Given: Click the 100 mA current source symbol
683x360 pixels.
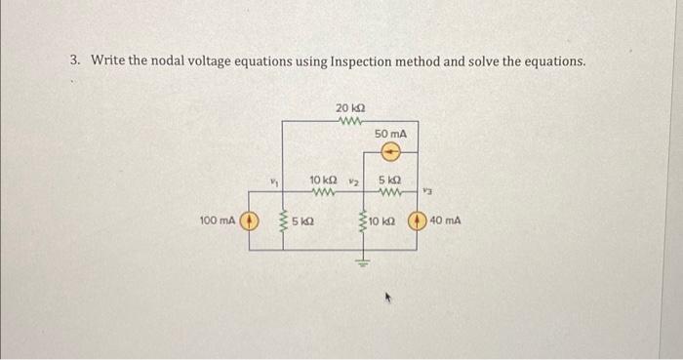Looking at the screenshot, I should tap(250, 220).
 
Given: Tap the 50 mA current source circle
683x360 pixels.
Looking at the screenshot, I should tap(391, 151).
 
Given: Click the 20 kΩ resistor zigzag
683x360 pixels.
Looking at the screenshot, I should tap(349, 121).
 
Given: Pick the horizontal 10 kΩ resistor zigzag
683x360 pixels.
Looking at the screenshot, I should tap(323, 191).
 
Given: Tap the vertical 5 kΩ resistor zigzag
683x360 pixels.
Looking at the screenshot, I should tap(283, 222).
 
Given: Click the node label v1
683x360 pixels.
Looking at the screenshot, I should tap(274, 179).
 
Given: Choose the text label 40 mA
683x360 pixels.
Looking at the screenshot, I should tap(446, 220).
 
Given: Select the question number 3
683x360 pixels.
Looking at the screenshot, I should tap(75, 60).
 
